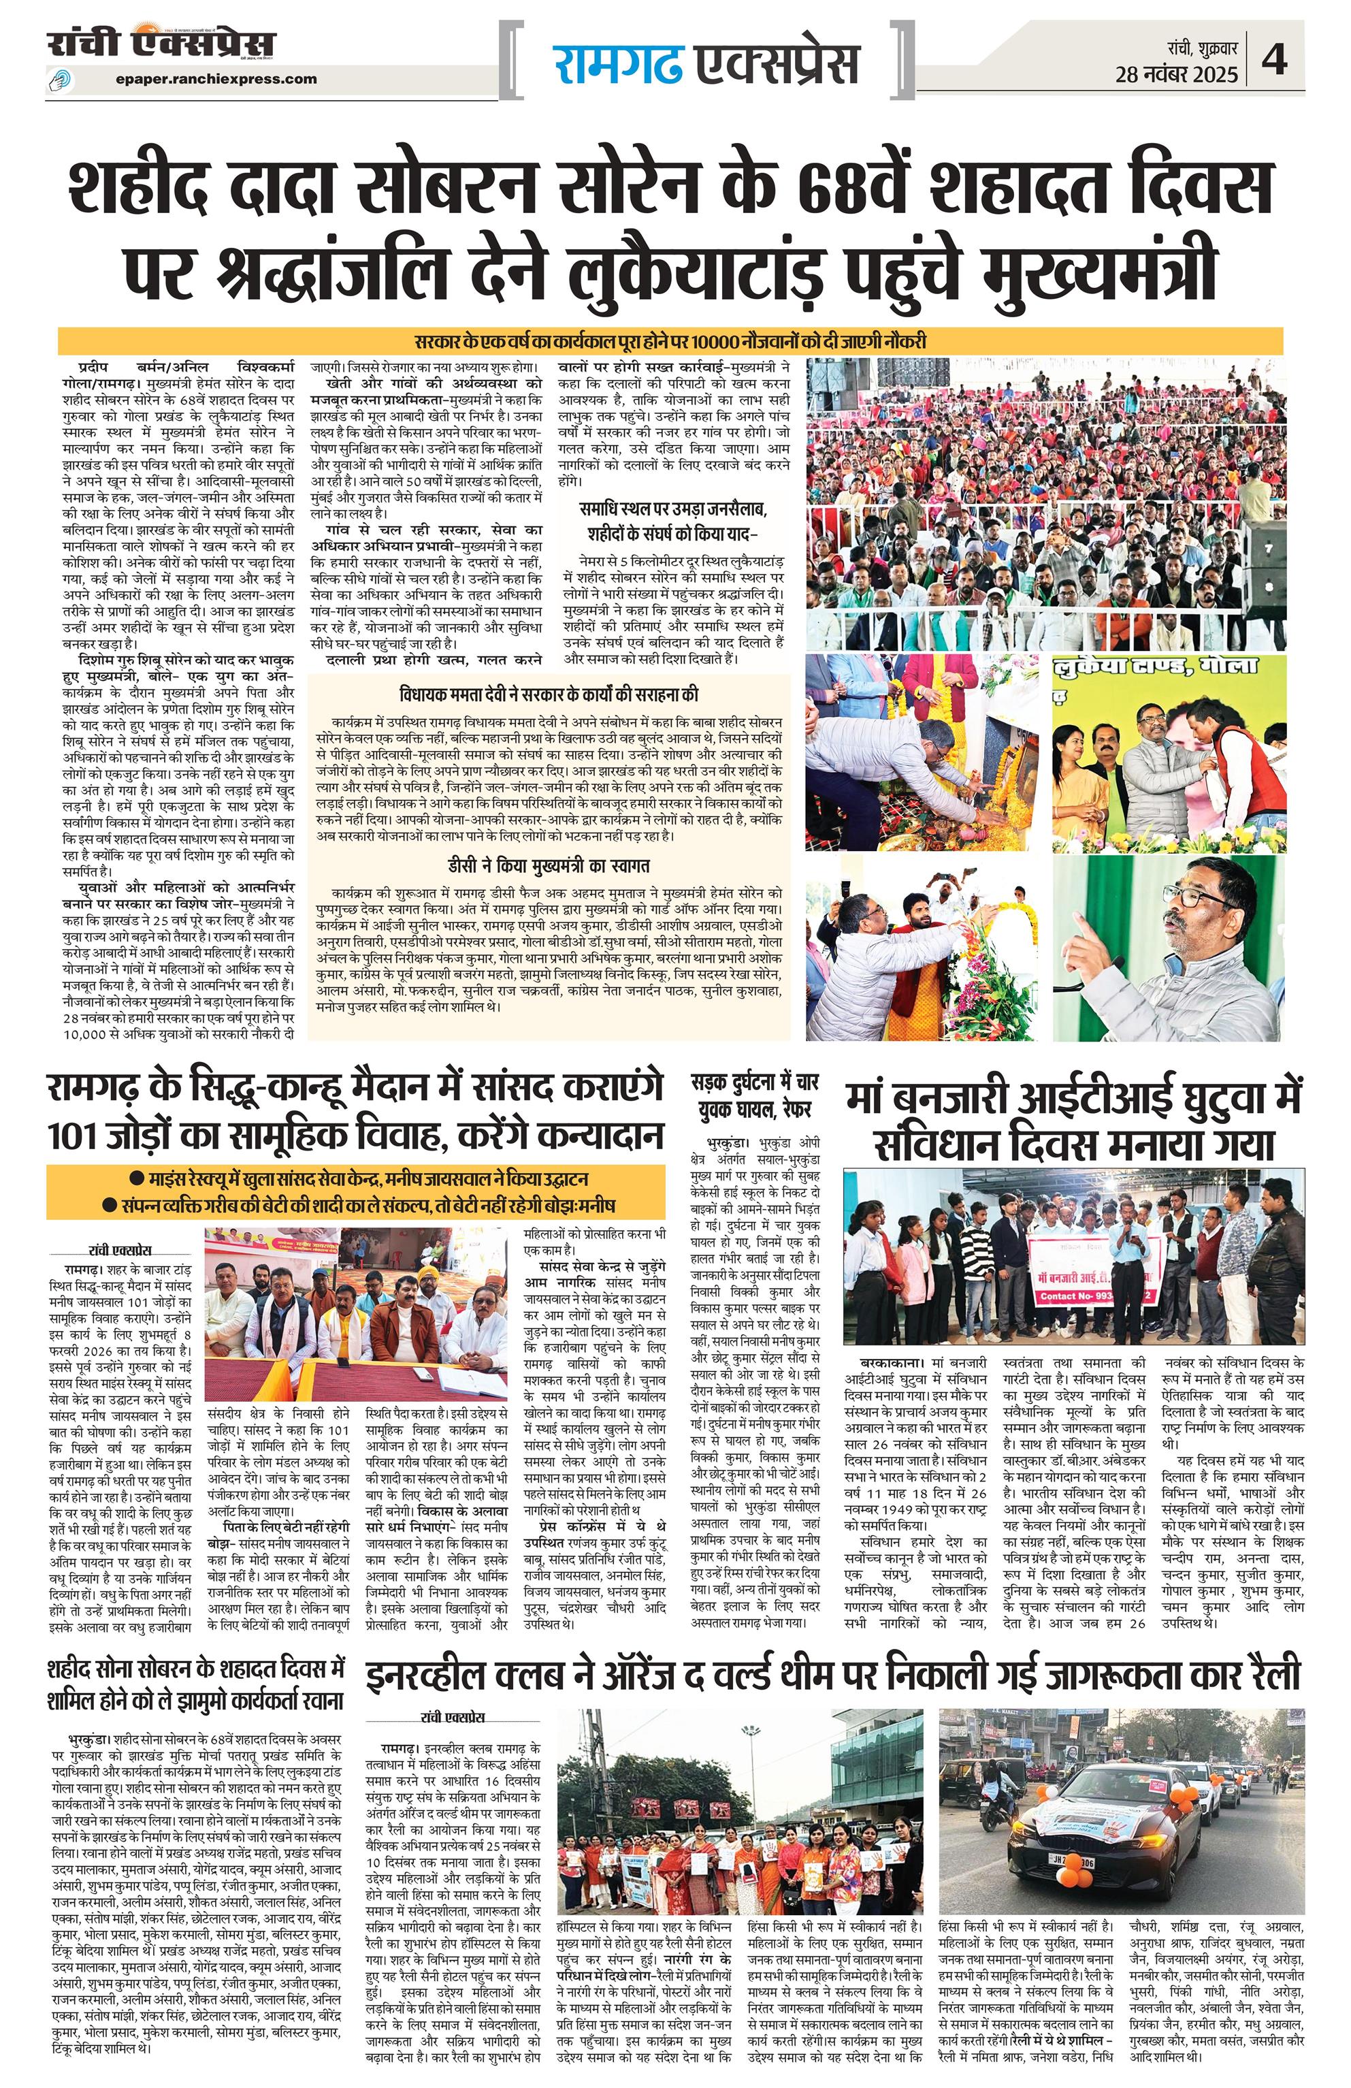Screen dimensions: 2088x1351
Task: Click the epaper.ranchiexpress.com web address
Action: pos(216,79)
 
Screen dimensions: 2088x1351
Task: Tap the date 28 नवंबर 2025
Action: pos(1176,74)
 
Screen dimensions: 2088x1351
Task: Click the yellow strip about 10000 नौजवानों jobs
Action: pos(671,341)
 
